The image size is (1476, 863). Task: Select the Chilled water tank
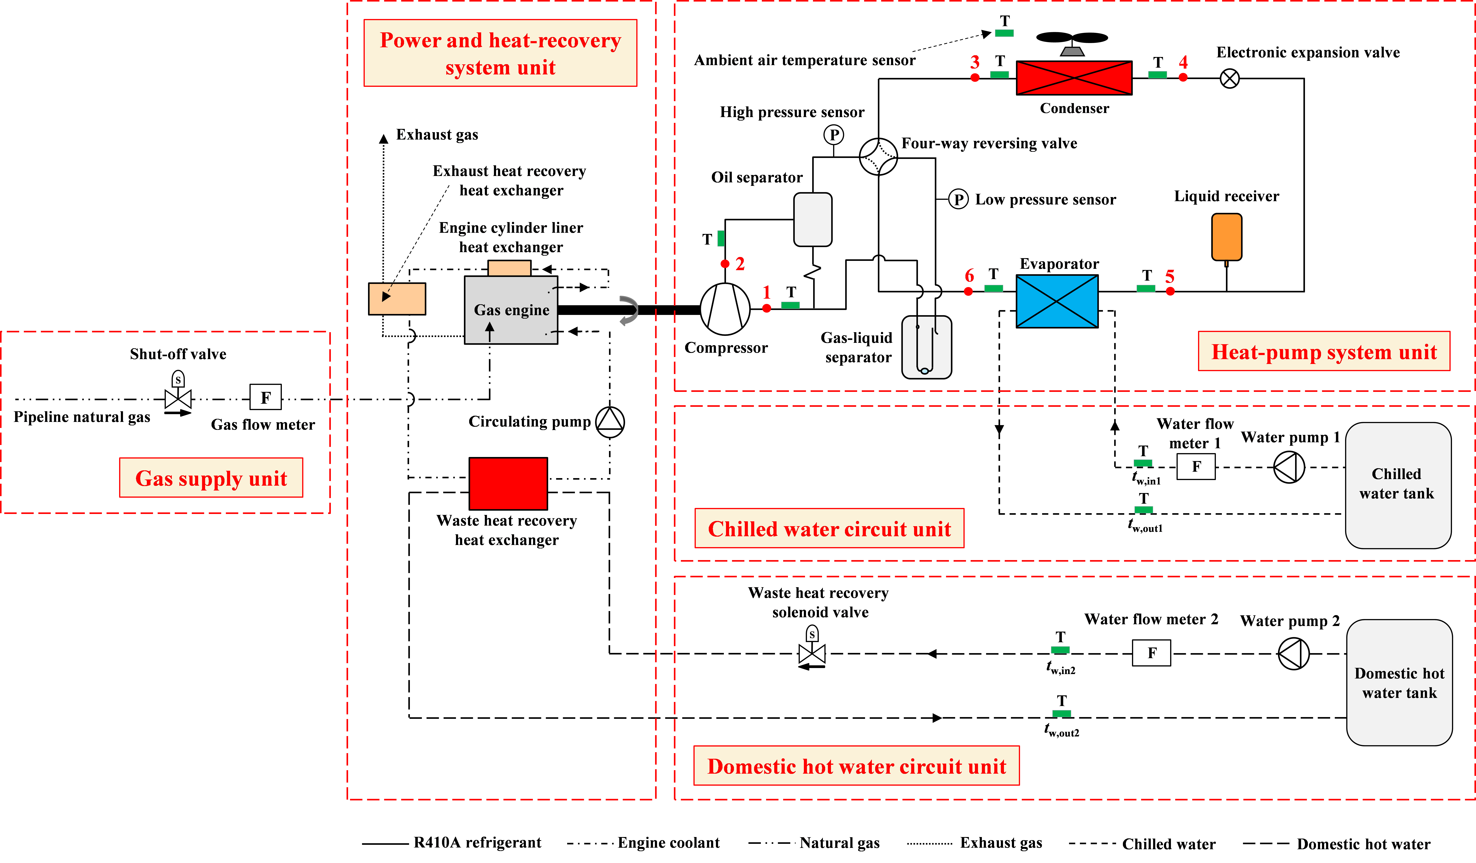click(x=1398, y=485)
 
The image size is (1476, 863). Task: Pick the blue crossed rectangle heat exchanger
click(x=1057, y=301)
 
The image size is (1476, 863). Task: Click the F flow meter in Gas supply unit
click(x=265, y=397)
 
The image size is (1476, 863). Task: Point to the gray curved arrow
click(x=629, y=310)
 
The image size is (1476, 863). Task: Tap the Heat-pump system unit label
click(x=1324, y=352)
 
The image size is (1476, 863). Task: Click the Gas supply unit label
click(x=211, y=478)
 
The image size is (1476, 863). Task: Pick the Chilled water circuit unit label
click(x=829, y=528)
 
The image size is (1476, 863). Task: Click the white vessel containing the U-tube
click(x=926, y=347)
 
